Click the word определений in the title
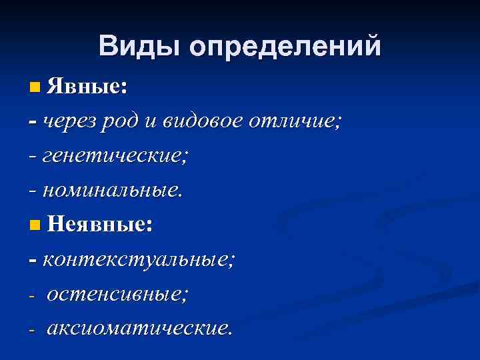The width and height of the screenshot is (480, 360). coord(285,47)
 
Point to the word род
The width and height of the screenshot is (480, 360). coord(119,121)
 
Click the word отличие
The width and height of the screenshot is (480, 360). coord(297,121)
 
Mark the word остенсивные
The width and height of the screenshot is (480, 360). coord(117,293)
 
